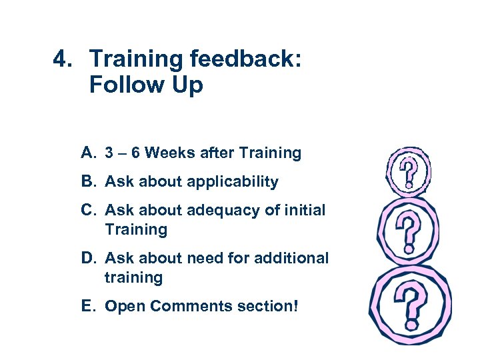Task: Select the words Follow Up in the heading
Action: [145, 85]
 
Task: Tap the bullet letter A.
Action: [88, 153]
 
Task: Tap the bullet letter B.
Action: [88, 182]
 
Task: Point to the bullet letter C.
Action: [88, 211]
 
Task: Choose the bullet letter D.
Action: [88, 258]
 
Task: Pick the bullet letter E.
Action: [87, 306]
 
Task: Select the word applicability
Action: [233, 182]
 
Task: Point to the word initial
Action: [301, 211]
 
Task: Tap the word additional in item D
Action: [294, 258]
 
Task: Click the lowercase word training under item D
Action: [133, 277]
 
